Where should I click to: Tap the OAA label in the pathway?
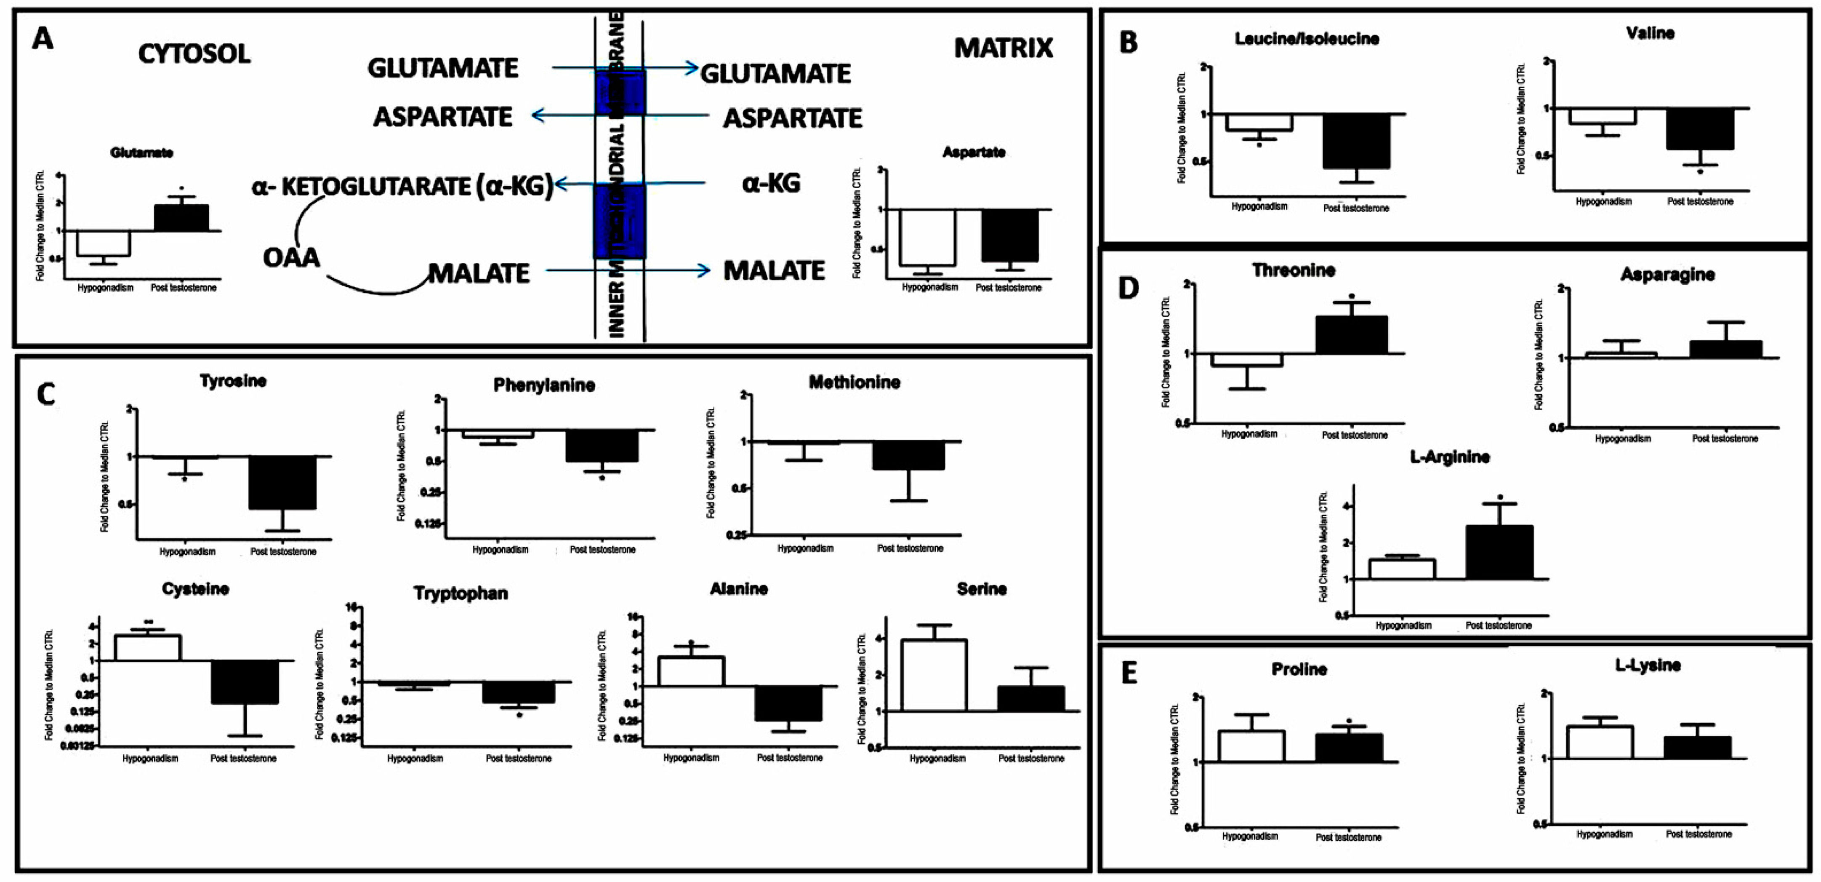291,257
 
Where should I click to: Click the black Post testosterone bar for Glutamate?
182,218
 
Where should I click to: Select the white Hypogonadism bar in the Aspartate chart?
927,238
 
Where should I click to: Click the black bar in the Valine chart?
1700,129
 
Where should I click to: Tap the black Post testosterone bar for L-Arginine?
1499,552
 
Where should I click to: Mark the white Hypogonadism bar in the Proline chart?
1251,746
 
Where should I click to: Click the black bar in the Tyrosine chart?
283,483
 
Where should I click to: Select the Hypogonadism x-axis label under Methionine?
805,548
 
